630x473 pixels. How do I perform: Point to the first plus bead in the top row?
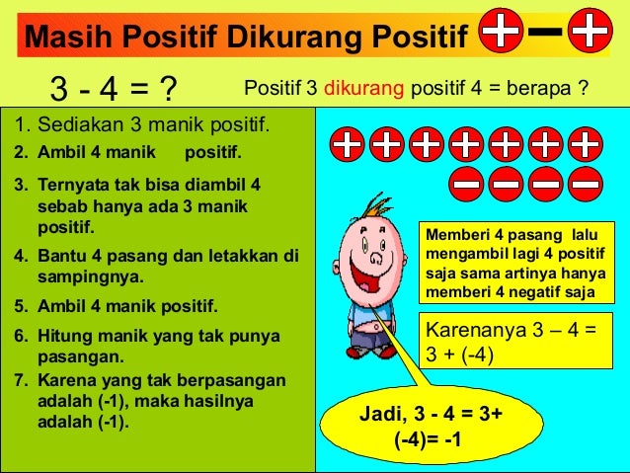coord(347,145)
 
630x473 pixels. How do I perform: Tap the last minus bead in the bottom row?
coord(586,182)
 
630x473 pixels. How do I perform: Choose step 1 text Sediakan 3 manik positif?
coord(143,126)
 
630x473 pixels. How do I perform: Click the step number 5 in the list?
coord(21,304)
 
